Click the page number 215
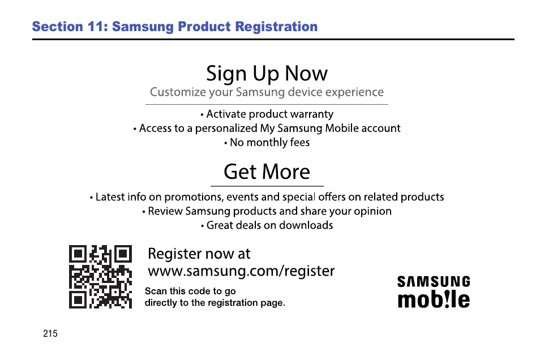point(50,333)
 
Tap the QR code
point(100,277)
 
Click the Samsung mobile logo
point(434,292)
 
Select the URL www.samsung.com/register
point(241,271)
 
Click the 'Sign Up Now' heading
point(267,74)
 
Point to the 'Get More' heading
point(267,172)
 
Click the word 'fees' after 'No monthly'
point(300,142)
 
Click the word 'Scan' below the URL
point(156,291)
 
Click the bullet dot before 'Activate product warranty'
point(202,115)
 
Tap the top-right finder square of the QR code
point(123,254)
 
